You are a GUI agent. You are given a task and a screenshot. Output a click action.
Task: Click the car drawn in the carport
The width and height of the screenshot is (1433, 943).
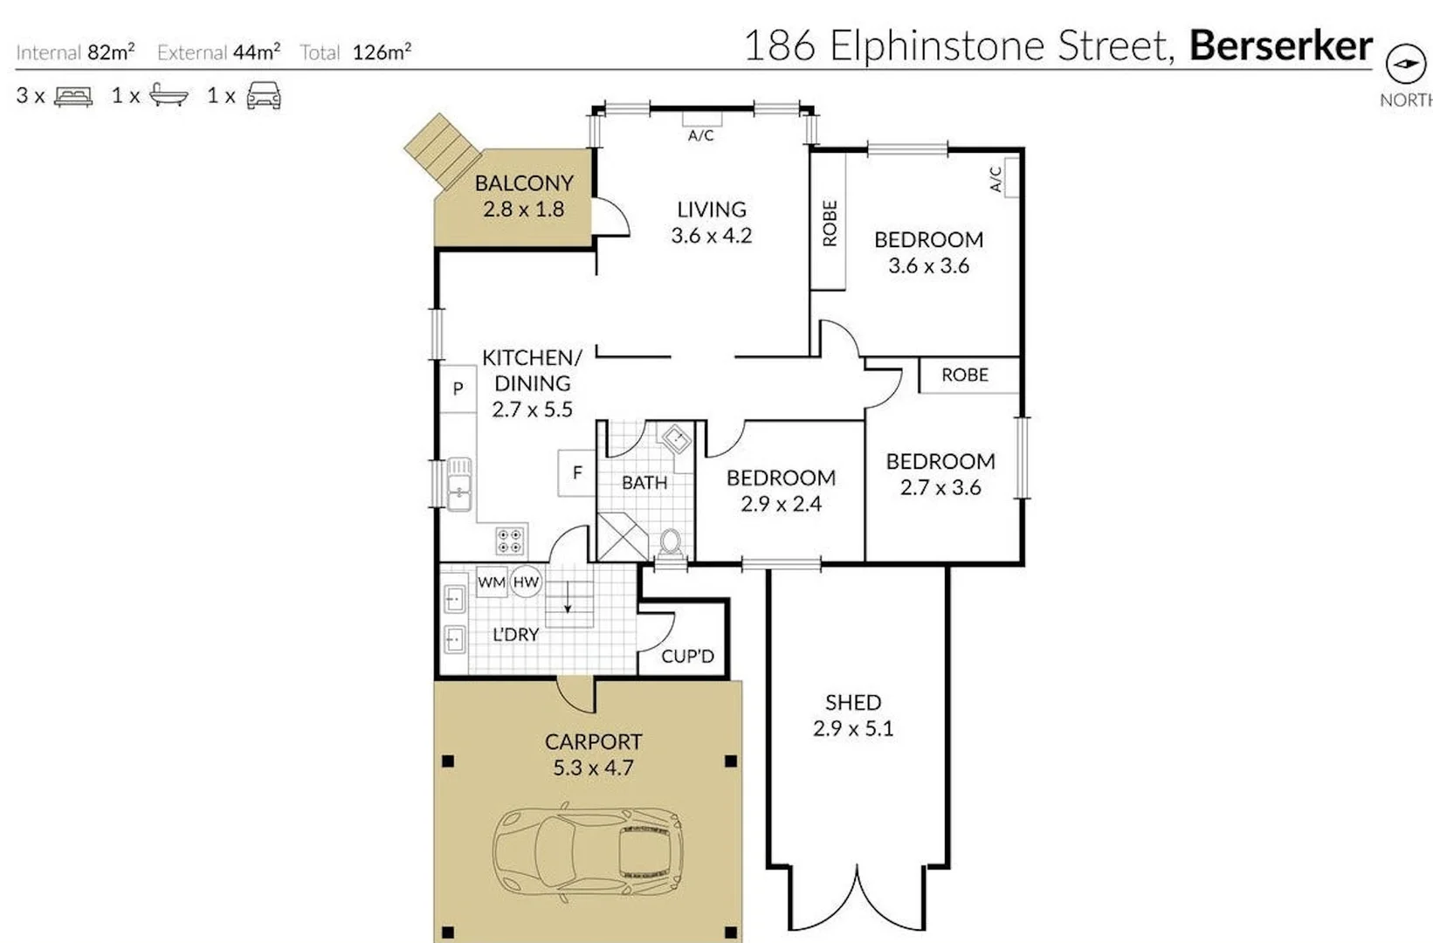pos(587,852)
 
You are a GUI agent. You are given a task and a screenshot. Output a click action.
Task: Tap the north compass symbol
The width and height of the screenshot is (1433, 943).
pos(1404,64)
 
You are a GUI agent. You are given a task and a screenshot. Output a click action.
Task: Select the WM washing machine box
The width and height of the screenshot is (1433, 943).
pos(491,582)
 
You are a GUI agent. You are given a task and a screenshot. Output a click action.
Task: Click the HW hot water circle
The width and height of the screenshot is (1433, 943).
pos(526,582)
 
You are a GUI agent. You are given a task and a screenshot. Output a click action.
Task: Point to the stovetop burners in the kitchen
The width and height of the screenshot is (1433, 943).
pos(510,540)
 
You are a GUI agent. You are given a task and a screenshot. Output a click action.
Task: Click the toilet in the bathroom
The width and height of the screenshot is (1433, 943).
pos(670,543)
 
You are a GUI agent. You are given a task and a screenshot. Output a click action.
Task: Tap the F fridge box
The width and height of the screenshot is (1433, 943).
pos(576,473)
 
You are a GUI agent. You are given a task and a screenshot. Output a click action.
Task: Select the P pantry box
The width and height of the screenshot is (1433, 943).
pos(458,389)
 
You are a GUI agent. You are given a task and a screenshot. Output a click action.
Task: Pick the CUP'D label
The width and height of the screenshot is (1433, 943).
pos(687,657)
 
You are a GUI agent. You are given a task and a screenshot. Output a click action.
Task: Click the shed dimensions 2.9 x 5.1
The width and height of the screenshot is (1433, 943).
pos(853,729)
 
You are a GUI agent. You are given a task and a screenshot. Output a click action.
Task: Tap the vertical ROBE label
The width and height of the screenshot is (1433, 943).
pos(830,224)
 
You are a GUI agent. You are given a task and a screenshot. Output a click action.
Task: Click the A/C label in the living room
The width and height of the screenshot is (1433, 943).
pos(700,135)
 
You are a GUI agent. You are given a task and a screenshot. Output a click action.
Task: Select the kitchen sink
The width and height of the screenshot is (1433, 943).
pos(458,484)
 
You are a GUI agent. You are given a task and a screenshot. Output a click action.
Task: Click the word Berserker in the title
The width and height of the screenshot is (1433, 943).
pos(1280,45)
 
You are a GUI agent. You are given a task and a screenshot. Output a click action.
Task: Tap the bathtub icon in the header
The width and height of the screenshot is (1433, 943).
pos(169,95)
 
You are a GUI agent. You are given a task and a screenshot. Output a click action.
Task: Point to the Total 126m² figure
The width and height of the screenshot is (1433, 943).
pos(381,52)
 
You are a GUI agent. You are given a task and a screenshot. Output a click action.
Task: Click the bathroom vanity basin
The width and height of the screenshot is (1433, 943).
pos(676,438)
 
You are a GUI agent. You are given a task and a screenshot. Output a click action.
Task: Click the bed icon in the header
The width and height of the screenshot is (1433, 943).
pos(73,96)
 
